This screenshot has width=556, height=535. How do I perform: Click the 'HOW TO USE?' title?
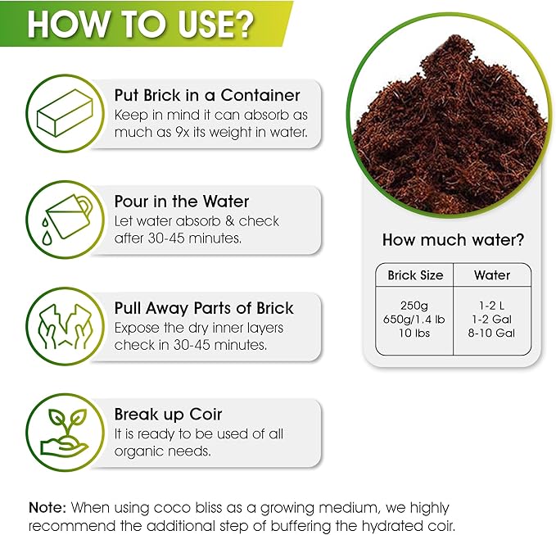[140, 25]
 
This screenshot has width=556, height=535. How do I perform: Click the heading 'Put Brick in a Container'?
[207, 95]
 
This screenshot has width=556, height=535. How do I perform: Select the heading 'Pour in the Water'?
[182, 202]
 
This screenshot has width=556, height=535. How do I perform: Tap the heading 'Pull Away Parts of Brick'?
[204, 308]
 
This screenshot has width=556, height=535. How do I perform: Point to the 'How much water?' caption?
[453, 240]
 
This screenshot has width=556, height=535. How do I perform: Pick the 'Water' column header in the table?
[492, 275]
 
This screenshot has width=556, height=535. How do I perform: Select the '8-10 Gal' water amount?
[492, 333]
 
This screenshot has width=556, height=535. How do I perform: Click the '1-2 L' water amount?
[492, 303]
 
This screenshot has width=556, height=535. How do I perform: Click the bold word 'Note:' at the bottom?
[47, 508]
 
